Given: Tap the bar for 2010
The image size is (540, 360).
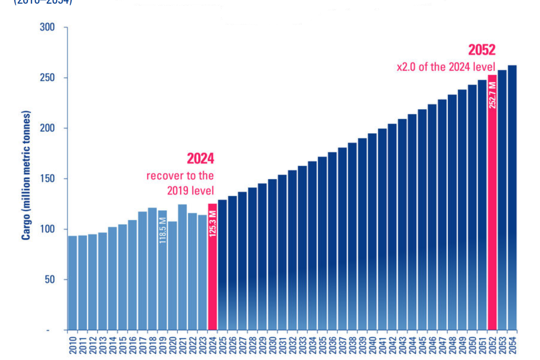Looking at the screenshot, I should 72,283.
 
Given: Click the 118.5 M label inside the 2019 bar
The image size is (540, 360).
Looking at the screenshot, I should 162,230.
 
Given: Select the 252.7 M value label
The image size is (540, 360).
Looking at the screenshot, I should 492,94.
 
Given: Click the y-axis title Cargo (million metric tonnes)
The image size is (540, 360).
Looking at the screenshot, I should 27,175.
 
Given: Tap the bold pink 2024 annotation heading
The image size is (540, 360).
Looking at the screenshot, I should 200,158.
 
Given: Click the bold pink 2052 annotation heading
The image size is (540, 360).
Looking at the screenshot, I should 482,49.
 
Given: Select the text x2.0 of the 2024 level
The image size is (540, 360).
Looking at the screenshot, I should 446,67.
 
